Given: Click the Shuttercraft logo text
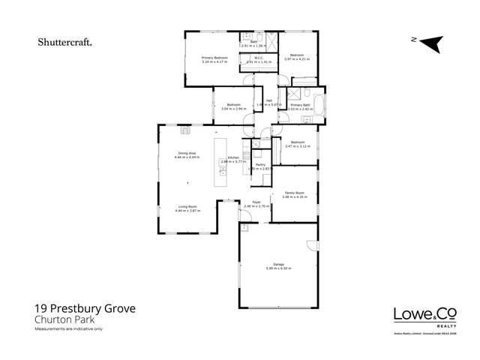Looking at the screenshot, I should pyautogui.click(x=65, y=43).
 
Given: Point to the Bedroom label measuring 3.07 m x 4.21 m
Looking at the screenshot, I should pyautogui.click(x=297, y=55).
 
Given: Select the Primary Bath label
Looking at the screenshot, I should pyautogui.click(x=299, y=105).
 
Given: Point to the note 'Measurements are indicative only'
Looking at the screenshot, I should pyautogui.click(x=68, y=328).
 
